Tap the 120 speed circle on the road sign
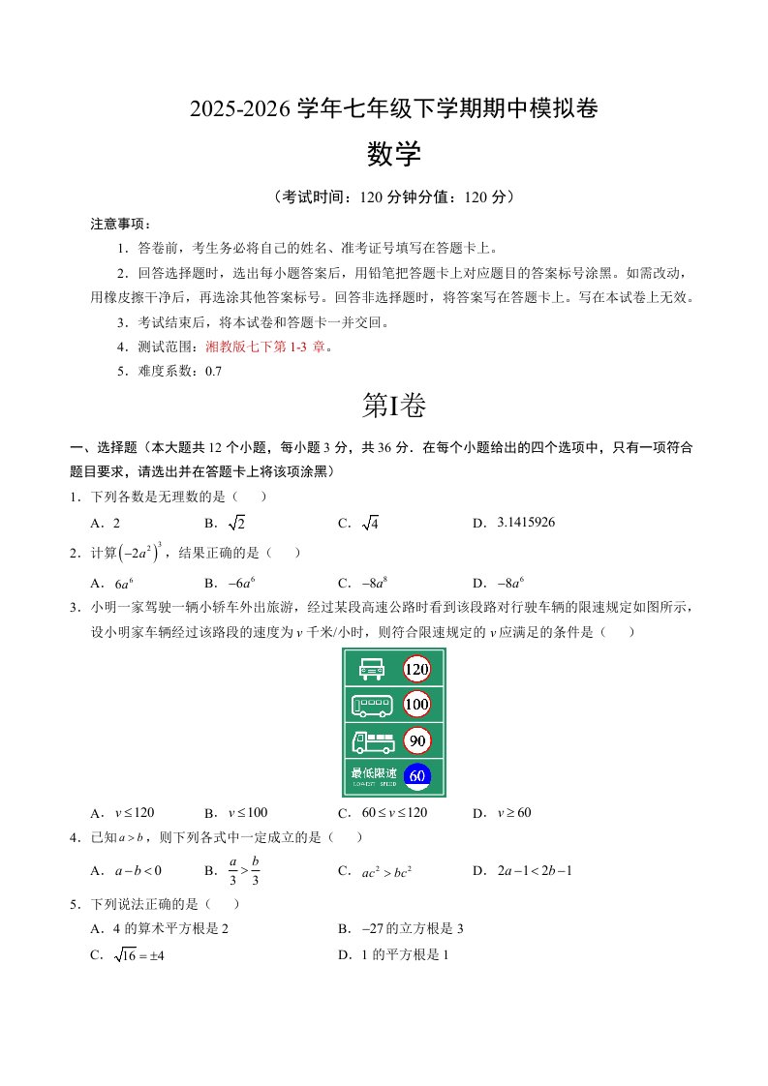coord(416,669)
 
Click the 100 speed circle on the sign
coord(416,705)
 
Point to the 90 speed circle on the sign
coord(416,741)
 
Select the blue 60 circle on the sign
coord(416,775)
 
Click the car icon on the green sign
coord(372,669)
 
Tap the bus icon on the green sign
coord(372,705)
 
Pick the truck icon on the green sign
coord(373,741)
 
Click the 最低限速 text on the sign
coord(374,773)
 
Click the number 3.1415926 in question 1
coord(526,523)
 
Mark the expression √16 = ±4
coord(130,954)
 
